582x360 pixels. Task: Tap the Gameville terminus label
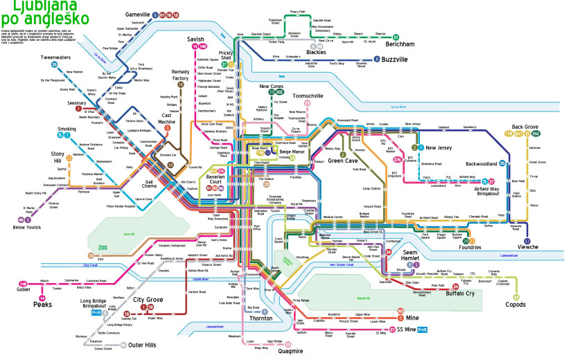click(x=138, y=15)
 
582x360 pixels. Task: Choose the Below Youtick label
click(x=27, y=227)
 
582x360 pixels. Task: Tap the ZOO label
click(x=104, y=248)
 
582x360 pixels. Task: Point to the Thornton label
click(x=261, y=318)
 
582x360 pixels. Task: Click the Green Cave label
click(x=342, y=161)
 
